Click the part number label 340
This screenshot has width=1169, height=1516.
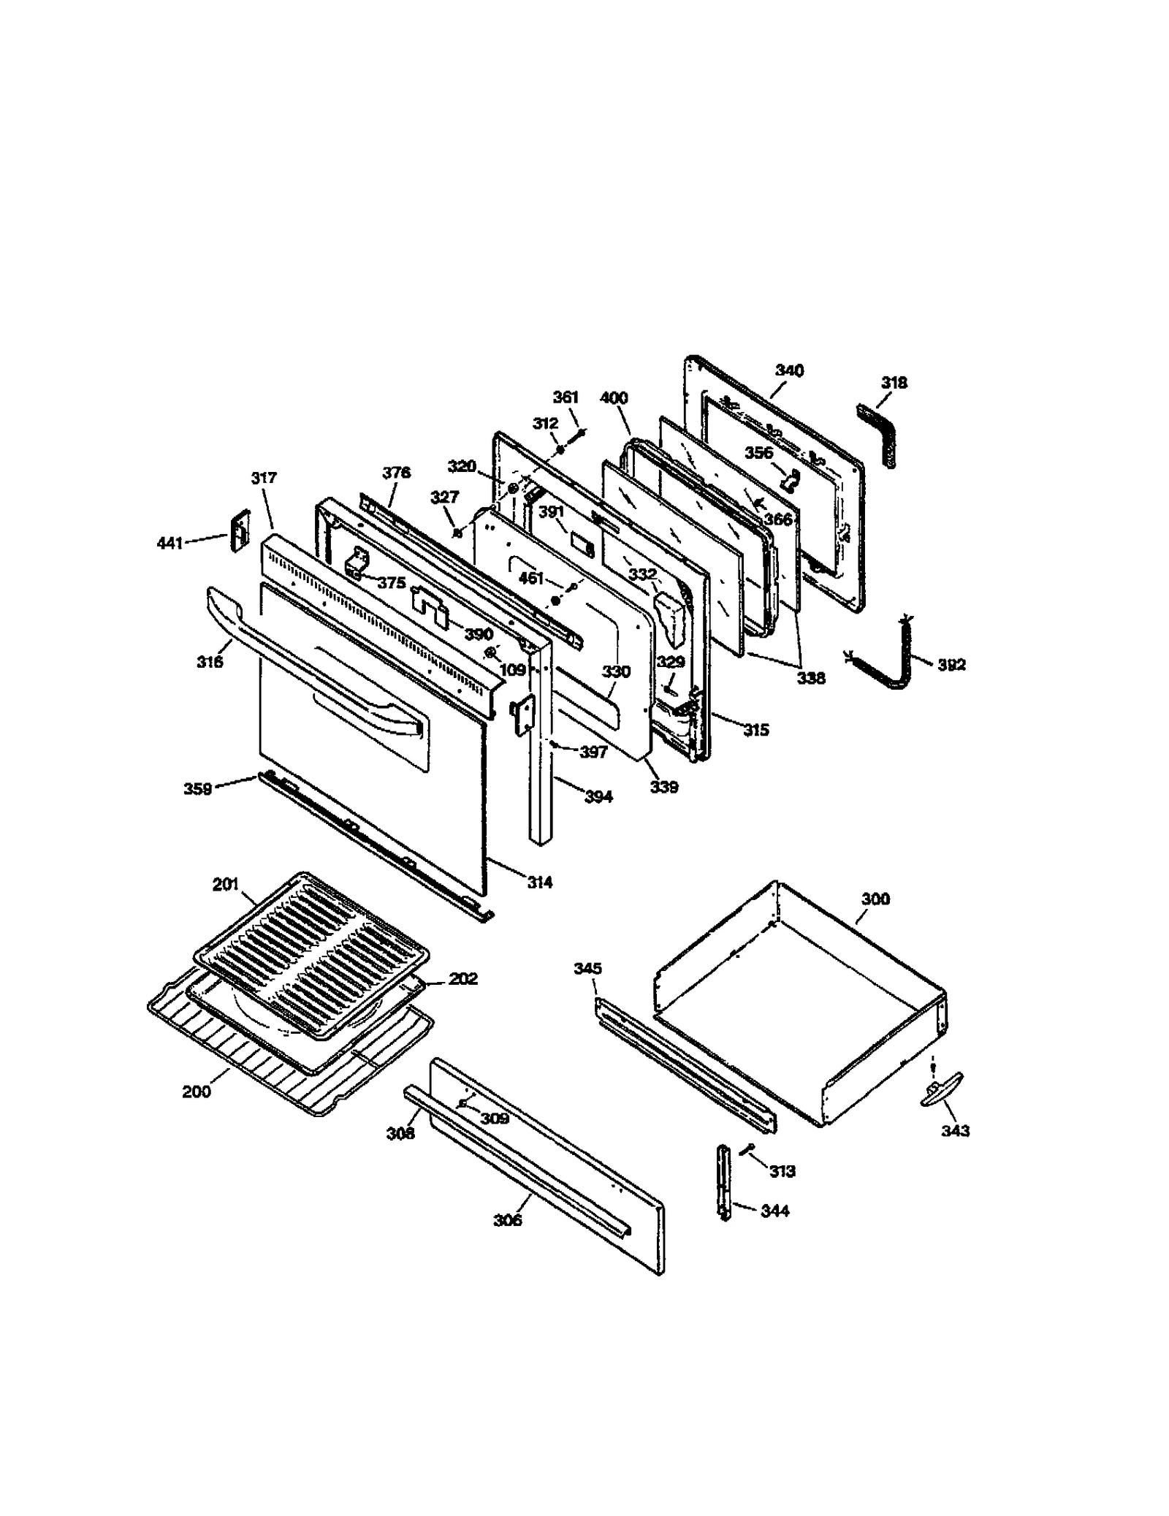[789, 370]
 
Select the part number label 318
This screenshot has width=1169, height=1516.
[894, 383]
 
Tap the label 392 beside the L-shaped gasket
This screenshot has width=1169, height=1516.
[951, 665]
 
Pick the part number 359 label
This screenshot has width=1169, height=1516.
[197, 789]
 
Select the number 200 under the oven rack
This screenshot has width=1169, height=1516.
[196, 1092]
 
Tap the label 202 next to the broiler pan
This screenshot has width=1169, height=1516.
[463, 978]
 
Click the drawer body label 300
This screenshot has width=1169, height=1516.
[875, 899]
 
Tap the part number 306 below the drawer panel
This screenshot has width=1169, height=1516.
[507, 1219]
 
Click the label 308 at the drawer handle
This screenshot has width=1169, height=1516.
[400, 1133]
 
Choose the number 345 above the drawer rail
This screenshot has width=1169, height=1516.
[587, 969]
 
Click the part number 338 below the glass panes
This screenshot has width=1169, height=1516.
[811, 678]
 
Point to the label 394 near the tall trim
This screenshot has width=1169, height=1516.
[598, 797]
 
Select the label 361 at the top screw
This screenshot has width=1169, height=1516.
[566, 397]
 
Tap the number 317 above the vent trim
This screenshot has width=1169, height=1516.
[264, 478]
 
